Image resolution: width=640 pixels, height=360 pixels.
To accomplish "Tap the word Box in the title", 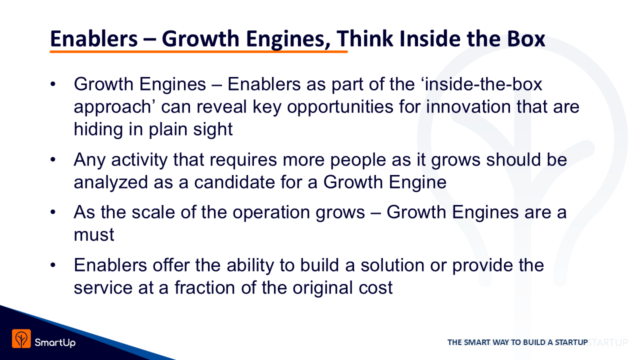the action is click(x=526, y=38).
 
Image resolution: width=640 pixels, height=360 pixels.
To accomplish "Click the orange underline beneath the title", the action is click(x=198, y=51).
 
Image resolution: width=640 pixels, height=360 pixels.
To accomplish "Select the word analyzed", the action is click(x=111, y=183).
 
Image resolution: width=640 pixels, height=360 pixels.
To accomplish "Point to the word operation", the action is click(x=271, y=213).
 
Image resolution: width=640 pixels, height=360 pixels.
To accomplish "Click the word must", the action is click(x=94, y=235).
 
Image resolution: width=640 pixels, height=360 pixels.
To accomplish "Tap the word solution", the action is click(x=392, y=265).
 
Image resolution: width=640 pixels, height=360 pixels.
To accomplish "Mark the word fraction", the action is click(x=204, y=287).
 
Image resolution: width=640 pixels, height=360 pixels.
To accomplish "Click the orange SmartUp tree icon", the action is click(x=21, y=338).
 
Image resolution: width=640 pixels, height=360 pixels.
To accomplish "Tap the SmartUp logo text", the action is click(x=55, y=342).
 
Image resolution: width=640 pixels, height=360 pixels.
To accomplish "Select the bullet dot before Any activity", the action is click(x=53, y=159).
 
